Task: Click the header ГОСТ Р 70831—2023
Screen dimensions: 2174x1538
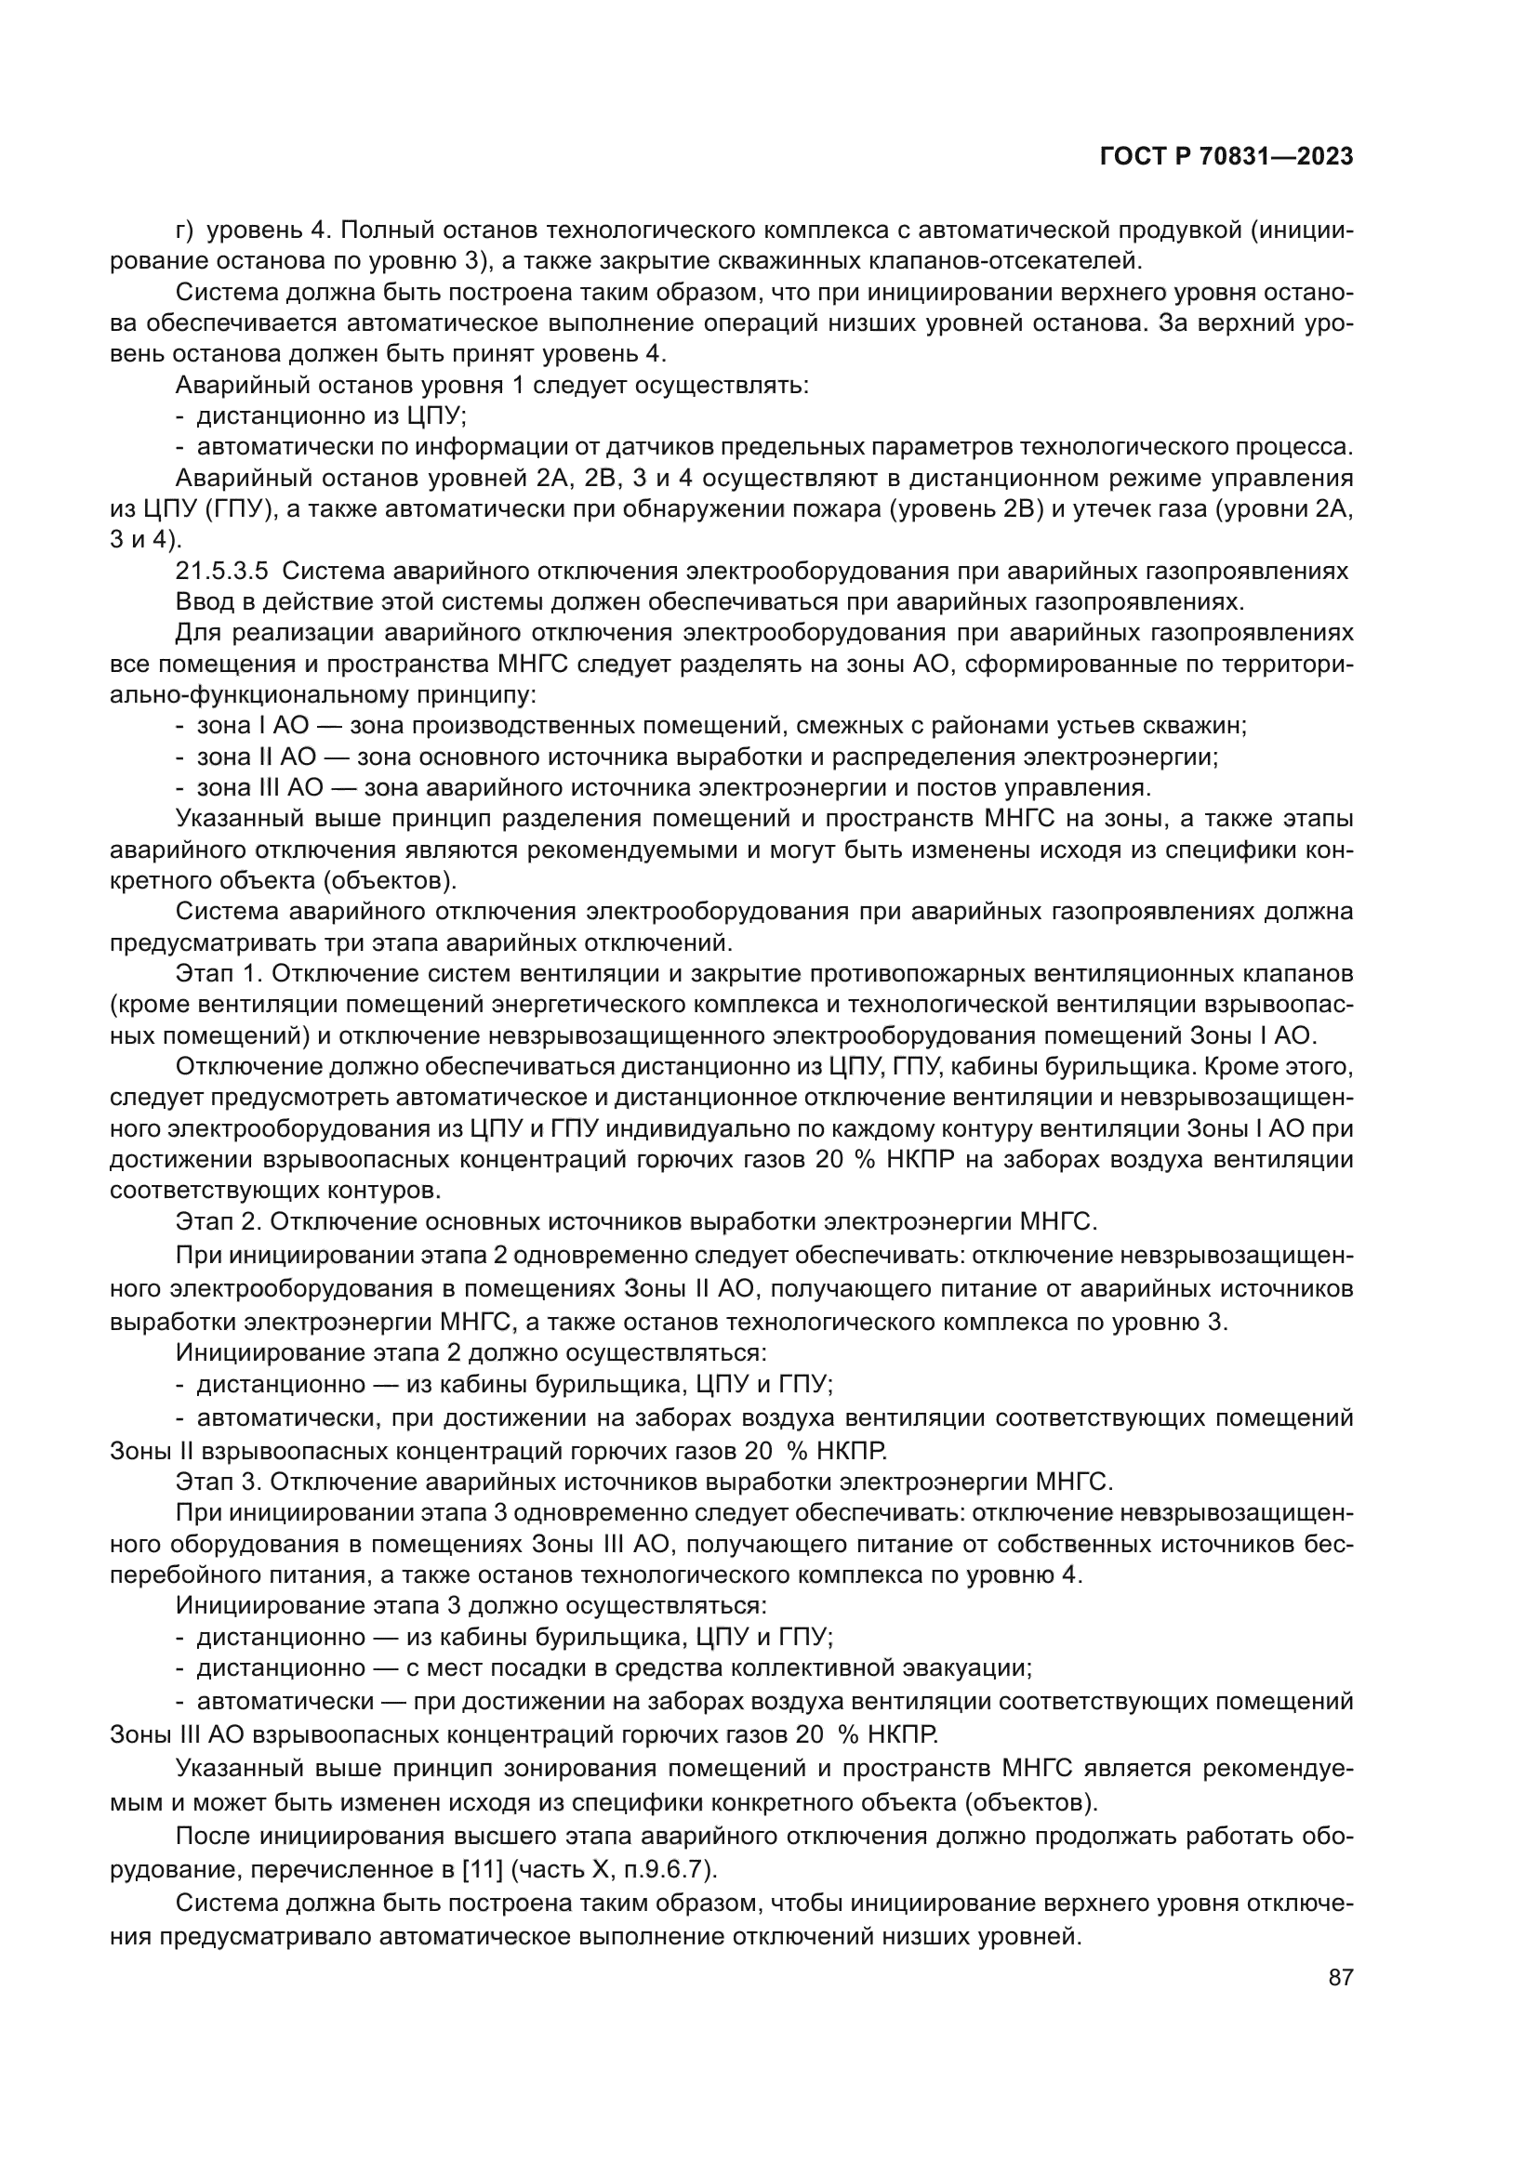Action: pos(1226,157)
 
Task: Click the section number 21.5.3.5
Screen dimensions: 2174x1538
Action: pos(222,571)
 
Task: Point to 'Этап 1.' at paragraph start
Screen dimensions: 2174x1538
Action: pos(214,973)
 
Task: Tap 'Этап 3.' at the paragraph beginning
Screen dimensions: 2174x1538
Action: pos(215,1481)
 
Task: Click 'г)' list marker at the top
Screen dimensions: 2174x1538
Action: pos(185,231)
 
